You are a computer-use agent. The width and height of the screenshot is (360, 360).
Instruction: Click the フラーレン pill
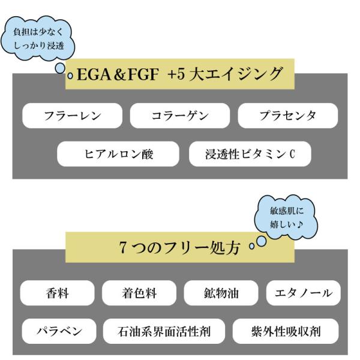point(72,115)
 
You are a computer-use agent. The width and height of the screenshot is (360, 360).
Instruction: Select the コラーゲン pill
point(179,115)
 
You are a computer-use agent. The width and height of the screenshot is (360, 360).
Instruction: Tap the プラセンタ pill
point(287,115)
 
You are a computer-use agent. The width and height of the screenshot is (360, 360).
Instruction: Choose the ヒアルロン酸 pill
point(118,154)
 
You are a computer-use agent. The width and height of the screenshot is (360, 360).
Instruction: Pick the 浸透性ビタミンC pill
point(250,154)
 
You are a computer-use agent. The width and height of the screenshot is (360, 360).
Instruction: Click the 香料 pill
point(57,293)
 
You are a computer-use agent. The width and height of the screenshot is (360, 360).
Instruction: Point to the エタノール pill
point(302,293)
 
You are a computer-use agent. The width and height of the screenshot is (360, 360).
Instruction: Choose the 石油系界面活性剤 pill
point(164,331)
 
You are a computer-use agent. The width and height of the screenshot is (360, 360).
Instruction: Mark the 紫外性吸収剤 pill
point(286,331)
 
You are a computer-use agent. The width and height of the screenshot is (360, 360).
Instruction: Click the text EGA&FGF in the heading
point(115,74)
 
